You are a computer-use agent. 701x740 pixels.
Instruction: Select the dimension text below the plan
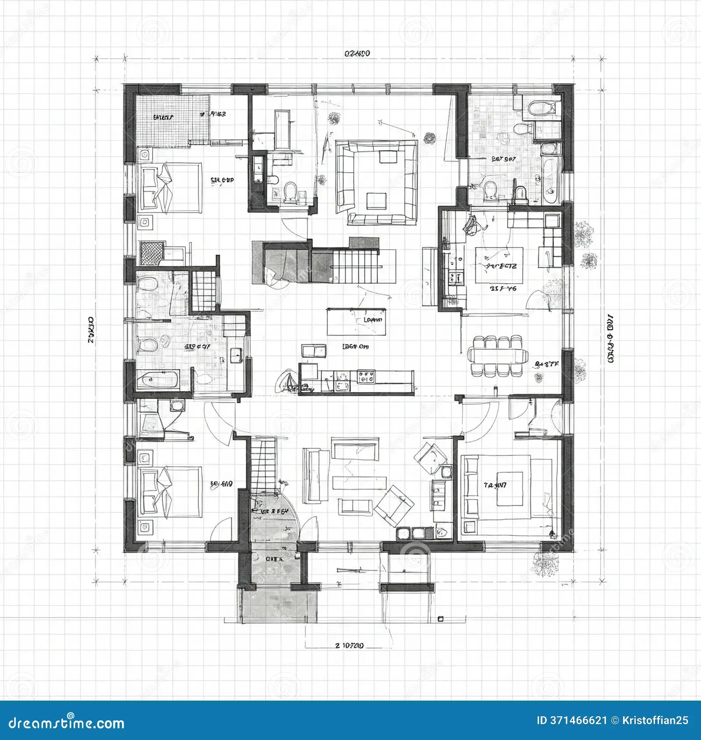[x=349, y=645]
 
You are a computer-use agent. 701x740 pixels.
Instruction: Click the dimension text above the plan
[x=357, y=54]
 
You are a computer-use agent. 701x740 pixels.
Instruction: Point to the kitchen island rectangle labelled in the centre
[x=357, y=321]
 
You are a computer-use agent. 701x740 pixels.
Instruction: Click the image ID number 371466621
[x=578, y=721]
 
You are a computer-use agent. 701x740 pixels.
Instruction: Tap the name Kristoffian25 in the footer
[x=655, y=721]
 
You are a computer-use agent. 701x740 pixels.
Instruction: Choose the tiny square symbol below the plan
[x=441, y=619]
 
